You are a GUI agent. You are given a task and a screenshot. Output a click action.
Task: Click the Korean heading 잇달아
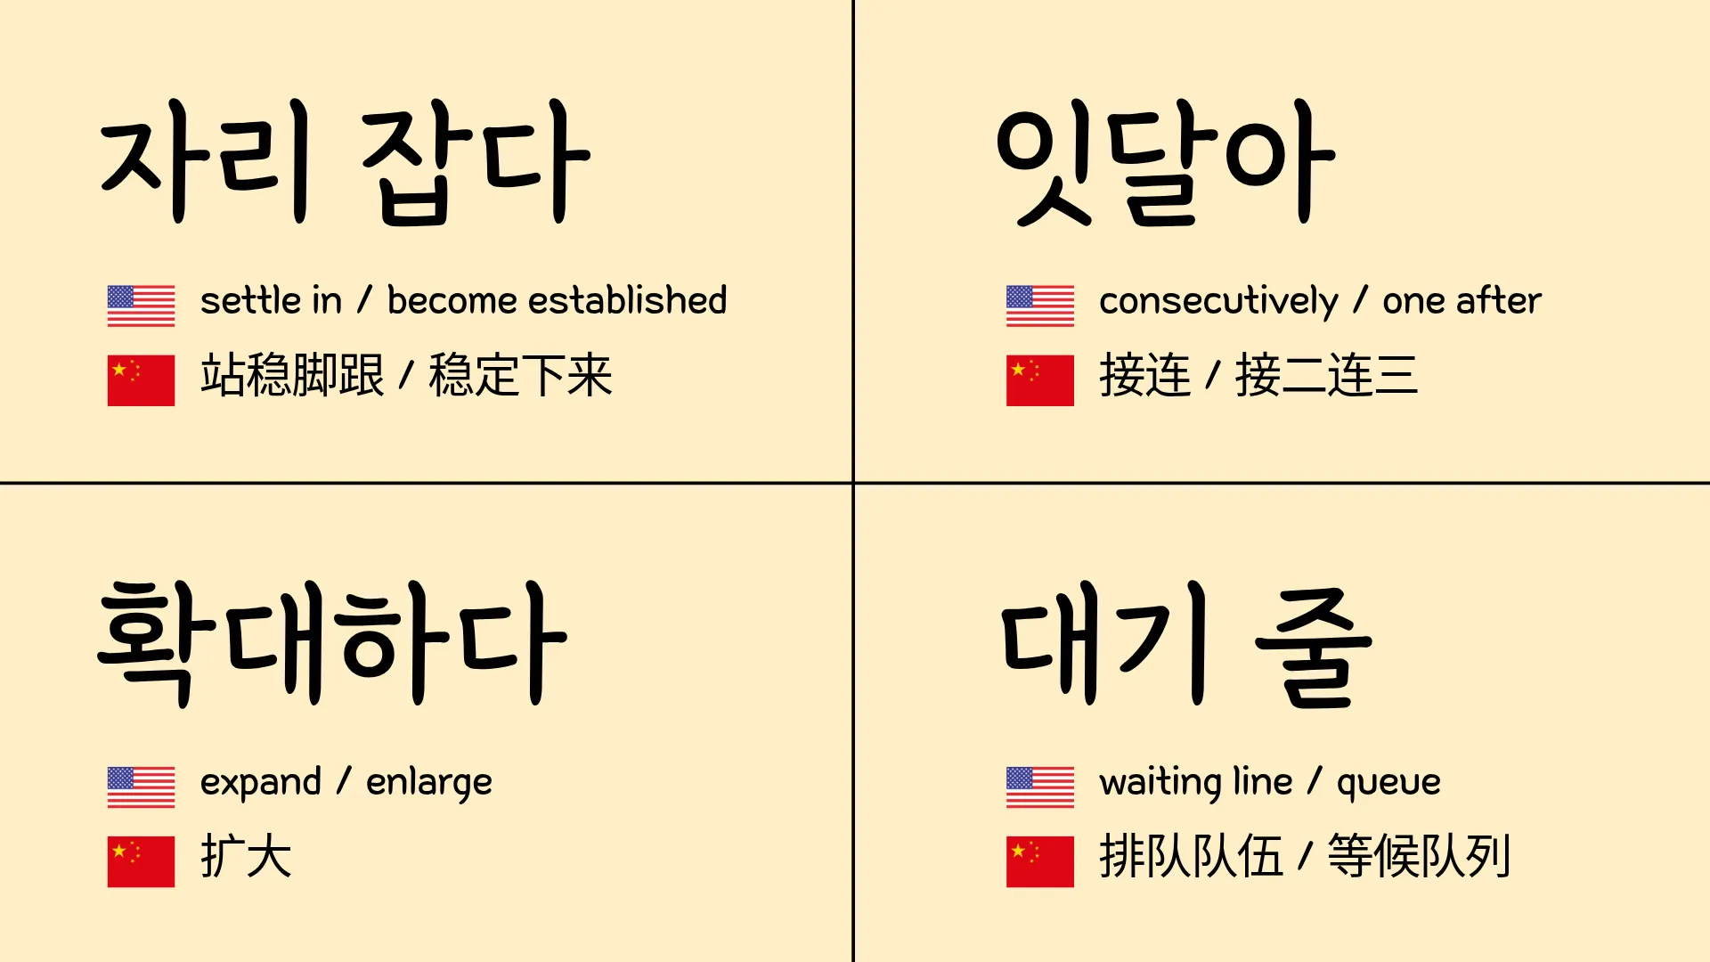tap(1165, 162)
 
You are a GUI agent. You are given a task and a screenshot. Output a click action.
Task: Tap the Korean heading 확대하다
tap(331, 643)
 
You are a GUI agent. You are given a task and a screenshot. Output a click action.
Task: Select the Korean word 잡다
tap(476, 162)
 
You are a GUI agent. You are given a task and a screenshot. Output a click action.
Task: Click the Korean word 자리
tap(206, 162)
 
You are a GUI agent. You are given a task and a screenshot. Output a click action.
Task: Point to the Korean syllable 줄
tap(1314, 648)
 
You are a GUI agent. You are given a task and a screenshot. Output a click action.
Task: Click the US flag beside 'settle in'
tap(141, 306)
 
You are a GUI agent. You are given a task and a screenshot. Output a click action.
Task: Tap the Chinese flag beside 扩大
tap(141, 861)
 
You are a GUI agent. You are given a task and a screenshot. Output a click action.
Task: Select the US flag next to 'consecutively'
tap(1039, 306)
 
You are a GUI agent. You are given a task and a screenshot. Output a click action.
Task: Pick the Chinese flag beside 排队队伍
tap(1039, 861)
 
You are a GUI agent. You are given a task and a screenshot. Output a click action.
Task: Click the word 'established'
tap(627, 300)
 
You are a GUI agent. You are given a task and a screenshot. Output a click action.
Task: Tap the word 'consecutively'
tap(1218, 303)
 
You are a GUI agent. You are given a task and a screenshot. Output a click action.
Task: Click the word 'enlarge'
tap(429, 784)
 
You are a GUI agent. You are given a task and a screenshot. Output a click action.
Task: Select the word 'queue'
tap(1388, 784)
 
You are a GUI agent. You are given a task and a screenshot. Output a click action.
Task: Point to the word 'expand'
tap(260, 784)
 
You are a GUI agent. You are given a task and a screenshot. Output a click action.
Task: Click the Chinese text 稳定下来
tap(520, 375)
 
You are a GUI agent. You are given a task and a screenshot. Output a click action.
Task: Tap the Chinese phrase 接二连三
tap(1326, 375)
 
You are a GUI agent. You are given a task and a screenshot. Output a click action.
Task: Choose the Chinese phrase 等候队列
tap(1419, 856)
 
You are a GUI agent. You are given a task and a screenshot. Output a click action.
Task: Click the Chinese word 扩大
tap(246, 856)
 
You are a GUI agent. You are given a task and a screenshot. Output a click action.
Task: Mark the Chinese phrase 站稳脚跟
tap(292, 375)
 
